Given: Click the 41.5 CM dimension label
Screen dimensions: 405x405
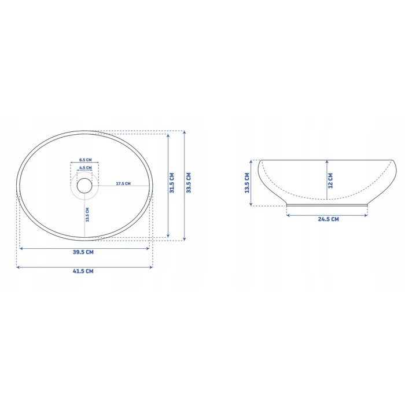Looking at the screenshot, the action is coord(83,271).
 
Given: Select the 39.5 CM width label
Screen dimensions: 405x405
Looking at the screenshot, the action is coord(83,252).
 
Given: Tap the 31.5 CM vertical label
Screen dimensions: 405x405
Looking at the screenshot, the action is coord(172,183).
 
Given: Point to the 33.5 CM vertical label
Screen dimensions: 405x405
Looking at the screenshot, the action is coord(189,183).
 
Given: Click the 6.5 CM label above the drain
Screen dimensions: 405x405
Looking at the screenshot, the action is coord(85,160).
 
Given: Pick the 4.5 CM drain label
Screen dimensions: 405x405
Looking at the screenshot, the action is coord(85,168).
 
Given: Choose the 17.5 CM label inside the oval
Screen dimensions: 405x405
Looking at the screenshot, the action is coord(123,183).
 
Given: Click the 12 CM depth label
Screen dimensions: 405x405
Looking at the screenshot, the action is coord(330,181).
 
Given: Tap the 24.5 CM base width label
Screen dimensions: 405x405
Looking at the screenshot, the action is coord(328,219).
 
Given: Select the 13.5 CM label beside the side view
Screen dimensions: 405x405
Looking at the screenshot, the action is coord(247,183).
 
